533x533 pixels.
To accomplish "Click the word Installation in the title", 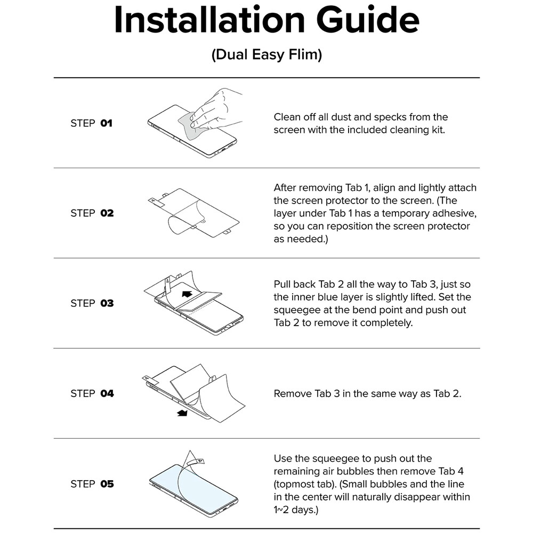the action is [209, 19].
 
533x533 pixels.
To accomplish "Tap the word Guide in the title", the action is [368, 19].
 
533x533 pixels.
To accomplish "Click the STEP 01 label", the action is [92, 123].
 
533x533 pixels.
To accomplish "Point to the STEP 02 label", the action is [92, 213].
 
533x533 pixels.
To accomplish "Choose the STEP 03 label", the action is [92, 303].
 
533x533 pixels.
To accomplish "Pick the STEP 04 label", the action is [92, 394].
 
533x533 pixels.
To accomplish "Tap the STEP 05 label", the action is [92, 484].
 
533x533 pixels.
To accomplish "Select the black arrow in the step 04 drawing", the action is [182, 413].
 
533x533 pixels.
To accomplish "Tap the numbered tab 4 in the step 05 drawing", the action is [200, 461].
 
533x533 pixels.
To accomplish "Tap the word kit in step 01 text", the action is [438, 130].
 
